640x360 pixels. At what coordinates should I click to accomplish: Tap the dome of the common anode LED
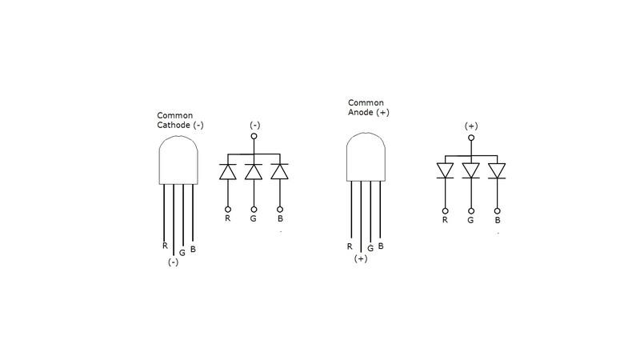pyautogui.click(x=366, y=155)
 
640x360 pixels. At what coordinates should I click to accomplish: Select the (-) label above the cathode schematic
pyautogui.click(x=254, y=125)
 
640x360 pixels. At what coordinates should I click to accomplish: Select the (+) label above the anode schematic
pyautogui.click(x=471, y=126)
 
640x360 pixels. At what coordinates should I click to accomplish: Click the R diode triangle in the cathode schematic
pyautogui.click(x=228, y=171)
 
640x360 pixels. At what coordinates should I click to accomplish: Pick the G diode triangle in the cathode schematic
pyautogui.click(x=254, y=171)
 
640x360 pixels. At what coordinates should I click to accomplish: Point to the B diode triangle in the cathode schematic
pyautogui.click(x=279, y=171)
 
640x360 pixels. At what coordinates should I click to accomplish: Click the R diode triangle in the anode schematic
pyautogui.click(x=445, y=170)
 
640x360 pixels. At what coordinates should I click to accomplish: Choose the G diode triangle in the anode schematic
pyautogui.click(x=471, y=170)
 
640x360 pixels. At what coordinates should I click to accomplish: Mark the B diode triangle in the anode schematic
pyautogui.click(x=497, y=170)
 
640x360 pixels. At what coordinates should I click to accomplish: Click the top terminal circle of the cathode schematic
pyautogui.click(x=254, y=137)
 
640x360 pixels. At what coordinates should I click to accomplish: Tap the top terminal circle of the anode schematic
pyautogui.click(x=471, y=138)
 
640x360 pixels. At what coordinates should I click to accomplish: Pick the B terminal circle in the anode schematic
pyautogui.click(x=497, y=209)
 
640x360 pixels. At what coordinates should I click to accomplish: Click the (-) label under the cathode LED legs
pyautogui.click(x=173, y=262)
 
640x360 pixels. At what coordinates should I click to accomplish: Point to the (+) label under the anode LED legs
pyautogui.click(x=361, y=258)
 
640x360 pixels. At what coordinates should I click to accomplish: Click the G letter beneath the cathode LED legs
pyautogui.click(x=182, y=253)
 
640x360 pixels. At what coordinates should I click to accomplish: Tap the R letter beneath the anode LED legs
pyautogui.click(x=350, y=246)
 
